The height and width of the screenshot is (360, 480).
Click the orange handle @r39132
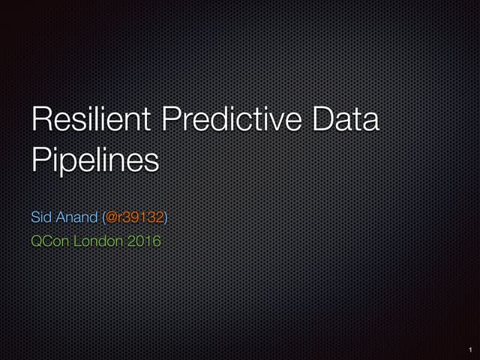tap(134, 217)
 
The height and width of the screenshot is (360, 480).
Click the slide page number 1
tap(469, 349)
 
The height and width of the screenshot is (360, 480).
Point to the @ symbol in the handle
tap(111, 217)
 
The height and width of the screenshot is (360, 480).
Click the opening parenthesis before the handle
tap(103, 217)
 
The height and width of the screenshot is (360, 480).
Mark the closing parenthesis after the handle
tap(166, 217)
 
